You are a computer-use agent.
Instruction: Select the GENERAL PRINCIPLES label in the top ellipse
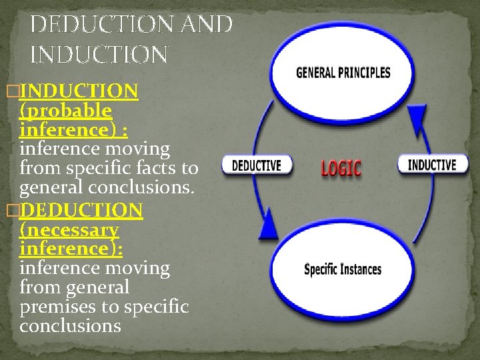tap(343, 73)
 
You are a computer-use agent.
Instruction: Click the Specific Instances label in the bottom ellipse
tap(343, 269)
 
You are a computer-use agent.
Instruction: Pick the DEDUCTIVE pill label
tap(257, 165)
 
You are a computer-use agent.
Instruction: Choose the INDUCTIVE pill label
tap(431, 164)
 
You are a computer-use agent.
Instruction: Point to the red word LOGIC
tap(341, 167)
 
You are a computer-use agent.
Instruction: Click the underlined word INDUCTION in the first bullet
tap(79, 91)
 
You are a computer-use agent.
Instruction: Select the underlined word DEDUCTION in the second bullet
tap(81, 211)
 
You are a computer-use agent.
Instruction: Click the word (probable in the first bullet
tap(66, 109)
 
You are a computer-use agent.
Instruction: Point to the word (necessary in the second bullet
tap(70, 230)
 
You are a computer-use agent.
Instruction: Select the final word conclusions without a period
tap(70, 326)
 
